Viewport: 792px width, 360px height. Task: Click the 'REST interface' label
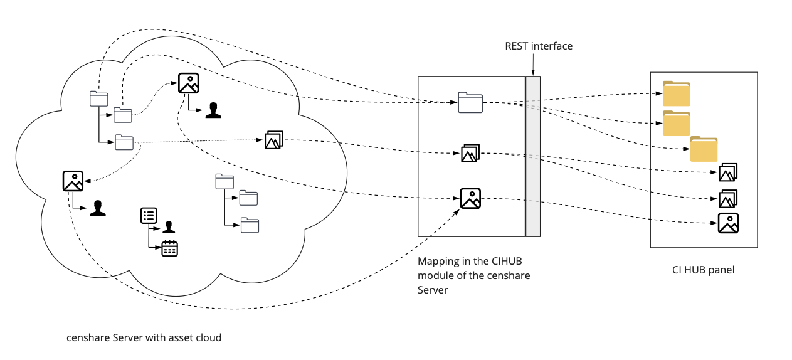coord(539,46)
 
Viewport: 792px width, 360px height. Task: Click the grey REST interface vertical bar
coord(532,156)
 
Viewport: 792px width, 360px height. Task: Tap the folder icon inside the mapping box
coord(470,102)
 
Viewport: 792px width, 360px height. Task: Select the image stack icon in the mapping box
coord(470,153)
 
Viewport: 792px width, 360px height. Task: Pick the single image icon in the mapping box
coord(470,198)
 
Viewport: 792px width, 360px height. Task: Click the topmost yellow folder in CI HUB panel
coord(677,94)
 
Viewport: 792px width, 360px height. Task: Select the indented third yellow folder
coord(704,150)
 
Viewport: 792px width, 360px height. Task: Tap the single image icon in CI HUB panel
coord(728,223)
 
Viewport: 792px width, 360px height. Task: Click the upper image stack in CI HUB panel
coord(728,172)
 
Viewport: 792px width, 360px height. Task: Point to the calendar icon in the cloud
coord(170,248)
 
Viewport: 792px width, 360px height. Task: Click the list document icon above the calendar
coord(149,216)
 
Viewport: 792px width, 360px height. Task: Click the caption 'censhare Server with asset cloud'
coord(144,337)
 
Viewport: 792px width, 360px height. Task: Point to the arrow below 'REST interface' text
coord(532,64)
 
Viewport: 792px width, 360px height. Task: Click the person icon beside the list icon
coord(168,226)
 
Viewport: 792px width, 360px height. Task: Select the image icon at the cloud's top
coord(188,83)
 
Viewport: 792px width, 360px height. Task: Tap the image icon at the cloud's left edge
coord(73,181)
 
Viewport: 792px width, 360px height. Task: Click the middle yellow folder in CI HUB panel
coord(677,124)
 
